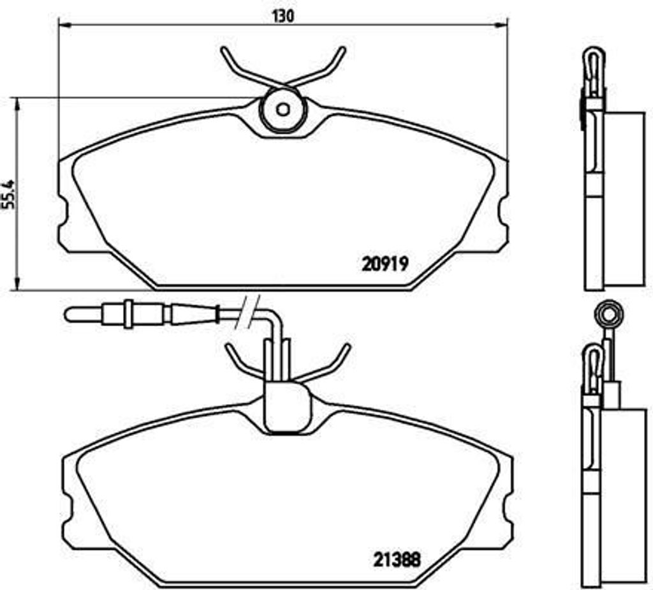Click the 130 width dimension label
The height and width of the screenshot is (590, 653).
click(x=283, y=16)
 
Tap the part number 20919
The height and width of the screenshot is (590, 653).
click(x=385, y=264)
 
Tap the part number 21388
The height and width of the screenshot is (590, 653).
click(x=397, y=560)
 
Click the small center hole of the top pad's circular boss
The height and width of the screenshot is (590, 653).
click(x=283, y=110)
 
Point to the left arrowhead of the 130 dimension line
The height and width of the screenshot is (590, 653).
click(x=64, y=26)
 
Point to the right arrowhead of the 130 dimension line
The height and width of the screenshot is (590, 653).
click(x=501, y=26)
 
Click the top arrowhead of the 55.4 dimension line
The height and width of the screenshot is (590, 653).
click(x=17, y=104)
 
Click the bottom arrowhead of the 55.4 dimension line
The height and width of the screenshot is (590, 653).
click(x=17, y=283)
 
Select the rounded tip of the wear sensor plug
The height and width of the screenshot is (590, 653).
click(x=68, y=314)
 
